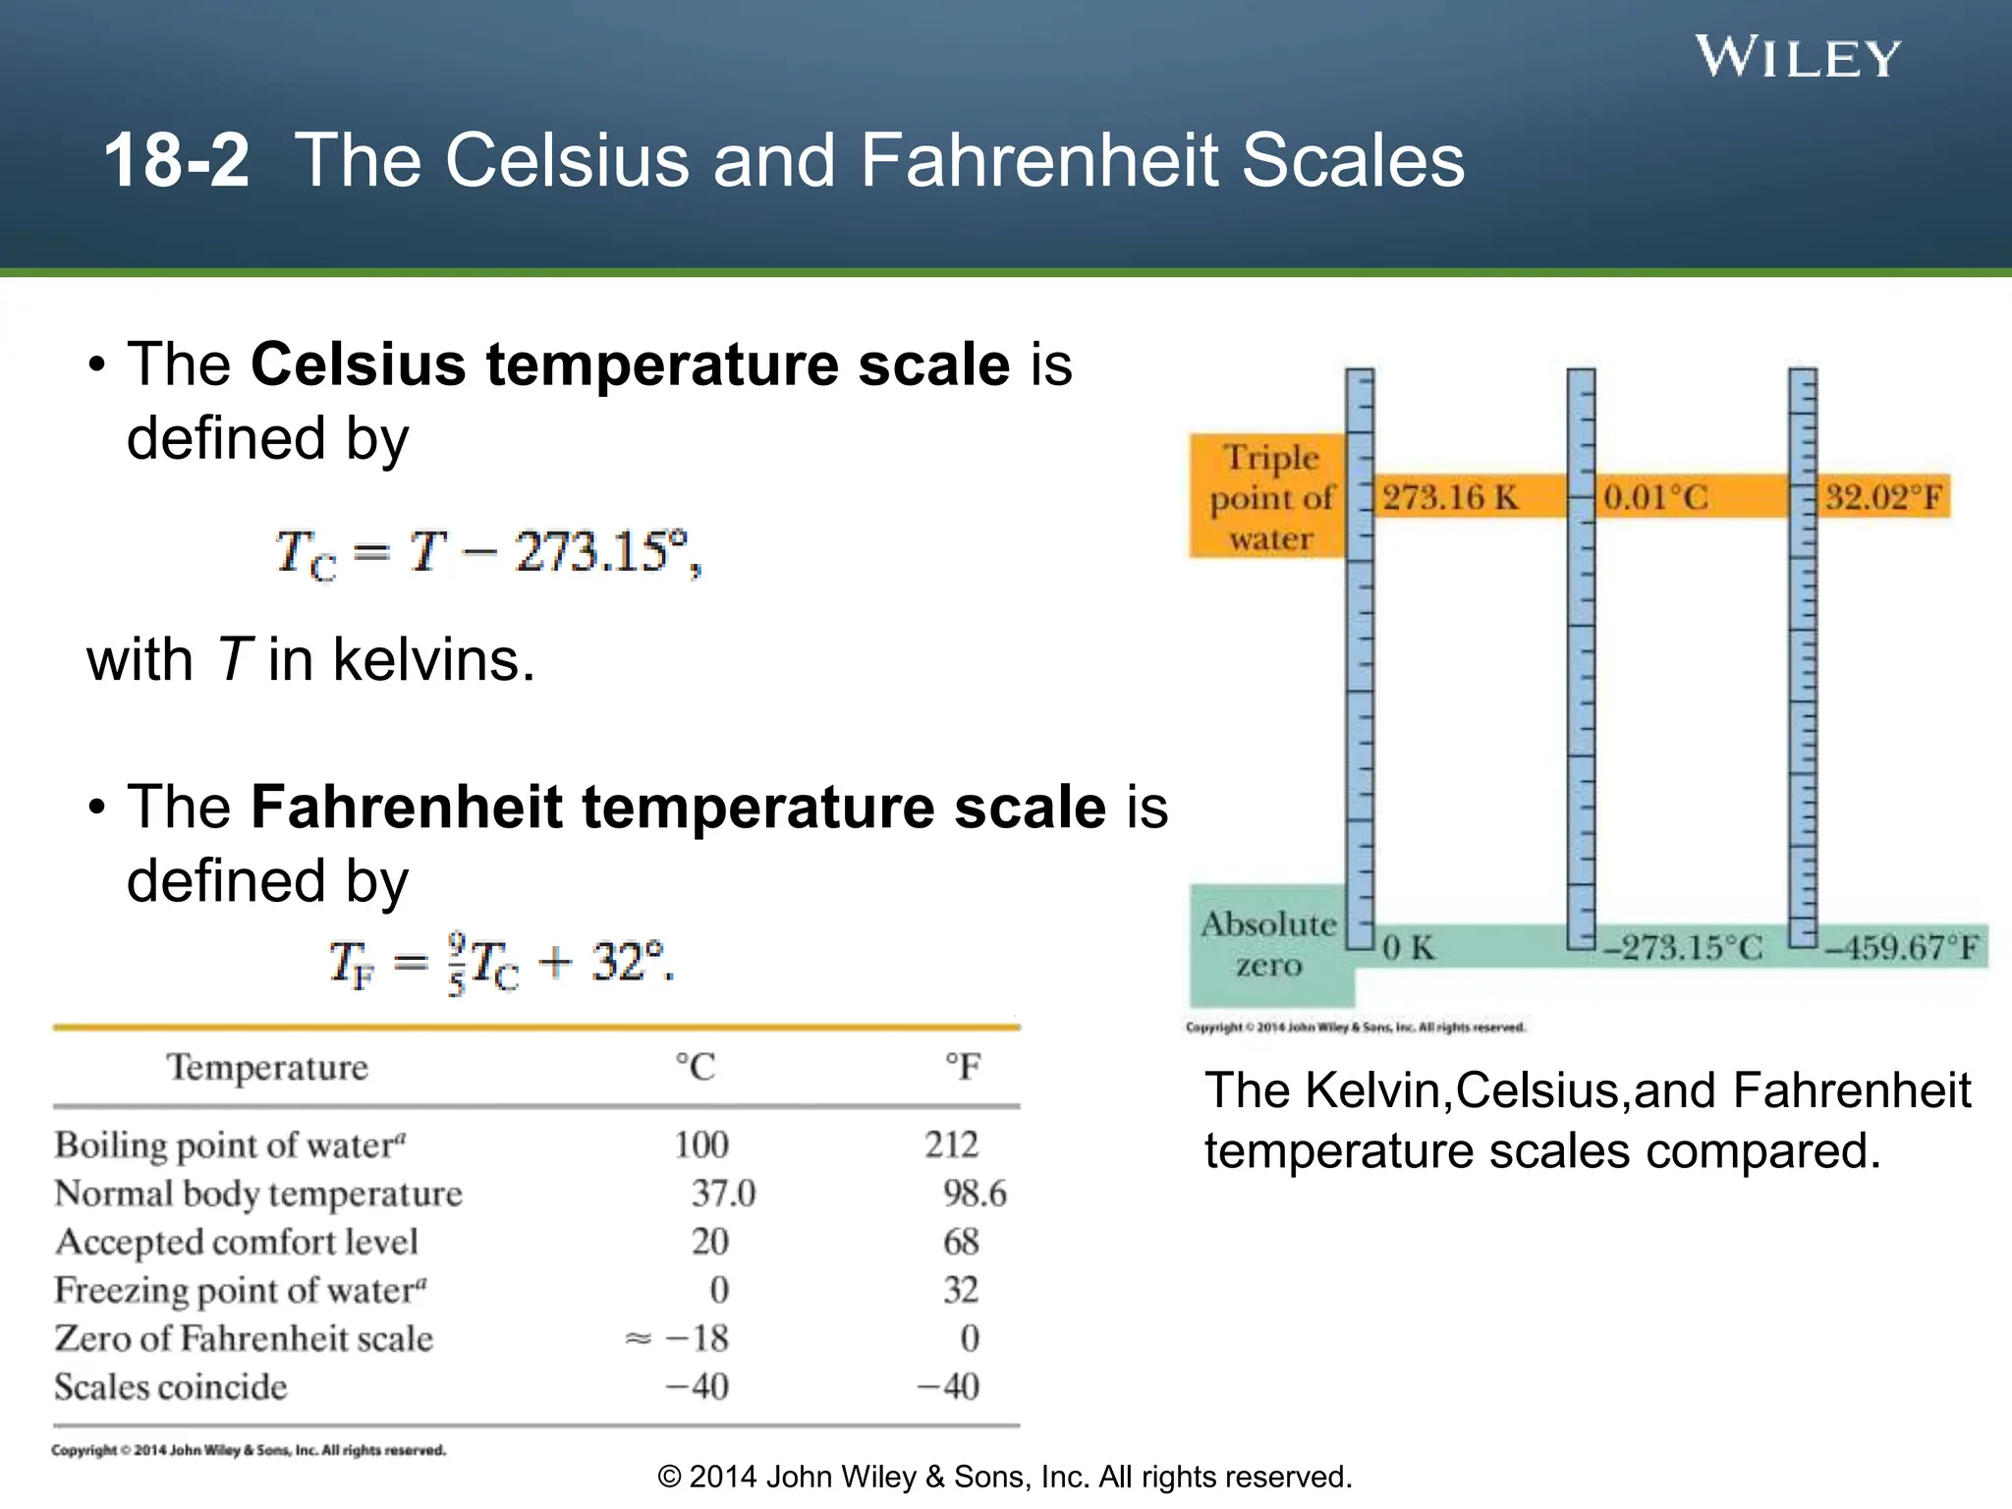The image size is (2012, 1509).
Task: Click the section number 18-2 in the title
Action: click(x=177, y=160)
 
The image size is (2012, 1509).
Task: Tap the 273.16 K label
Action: click(x=1450, y=497)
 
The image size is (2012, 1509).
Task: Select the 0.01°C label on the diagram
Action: click(x=1655, y=497)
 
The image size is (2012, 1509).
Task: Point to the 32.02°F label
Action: click(x=1883, y=497)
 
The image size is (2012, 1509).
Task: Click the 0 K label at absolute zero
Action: click(x=1409, y=948)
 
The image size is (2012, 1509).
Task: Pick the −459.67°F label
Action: click(x=1903, y=948)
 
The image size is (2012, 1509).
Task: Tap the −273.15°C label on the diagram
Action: click(x=1683, y=948)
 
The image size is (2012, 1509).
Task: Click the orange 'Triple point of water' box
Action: click(x=1268, y=497)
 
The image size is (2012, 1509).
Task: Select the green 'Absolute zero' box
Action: click(x=1268, y=944)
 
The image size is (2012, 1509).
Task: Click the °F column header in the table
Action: click(x=963, y=1067)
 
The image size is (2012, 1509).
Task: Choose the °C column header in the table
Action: click(x=696, y=1067)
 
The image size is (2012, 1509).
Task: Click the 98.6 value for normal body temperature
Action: click(x=975, y=1194)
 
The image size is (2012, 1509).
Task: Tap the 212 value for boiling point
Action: click(x=951, y=1146)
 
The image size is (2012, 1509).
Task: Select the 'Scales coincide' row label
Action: click(x=171, y=1387)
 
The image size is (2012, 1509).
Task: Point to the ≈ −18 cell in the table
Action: click(x=678, y=1339)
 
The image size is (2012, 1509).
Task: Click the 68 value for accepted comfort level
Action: click(x=961, y=1242)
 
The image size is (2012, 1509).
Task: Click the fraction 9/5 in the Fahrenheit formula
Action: click(x=457, y=963)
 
